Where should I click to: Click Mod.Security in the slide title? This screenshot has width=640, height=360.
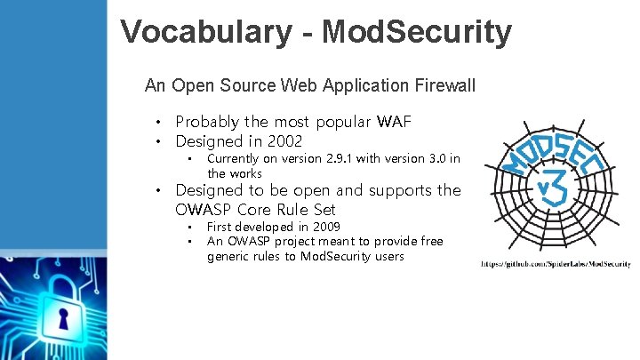coord(417,32)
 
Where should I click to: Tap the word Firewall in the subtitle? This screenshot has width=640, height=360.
coord(444,86)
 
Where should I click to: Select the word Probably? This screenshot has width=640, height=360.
coord(208,122)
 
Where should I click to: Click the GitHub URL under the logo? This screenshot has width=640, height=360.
coord(556,264)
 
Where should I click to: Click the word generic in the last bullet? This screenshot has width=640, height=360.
coord(231,257)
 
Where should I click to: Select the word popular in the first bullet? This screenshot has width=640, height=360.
coord(341,122)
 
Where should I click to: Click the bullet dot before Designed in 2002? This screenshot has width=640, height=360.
coord(158,142)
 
